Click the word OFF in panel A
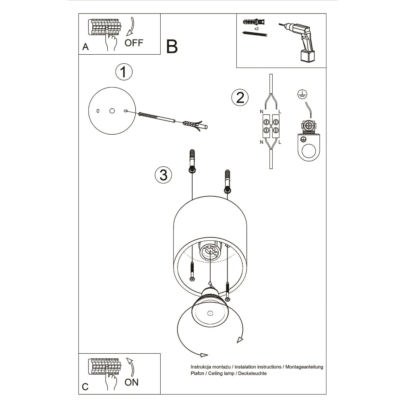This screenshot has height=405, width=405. coord(134,43)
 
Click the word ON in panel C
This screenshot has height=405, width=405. coord(131,382)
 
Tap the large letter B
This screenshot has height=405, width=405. coord(172,47)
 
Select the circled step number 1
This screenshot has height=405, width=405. coord(124,72)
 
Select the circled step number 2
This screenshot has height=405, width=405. coord(240,98)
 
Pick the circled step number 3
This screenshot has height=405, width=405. coord(163,175)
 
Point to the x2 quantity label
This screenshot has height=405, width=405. coord(257,29)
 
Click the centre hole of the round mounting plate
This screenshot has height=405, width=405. coord(112,111)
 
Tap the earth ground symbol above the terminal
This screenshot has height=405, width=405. coord(301,94)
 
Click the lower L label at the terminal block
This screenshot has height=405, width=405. coord(280,142)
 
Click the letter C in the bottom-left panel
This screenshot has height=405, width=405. coord(85,386)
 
